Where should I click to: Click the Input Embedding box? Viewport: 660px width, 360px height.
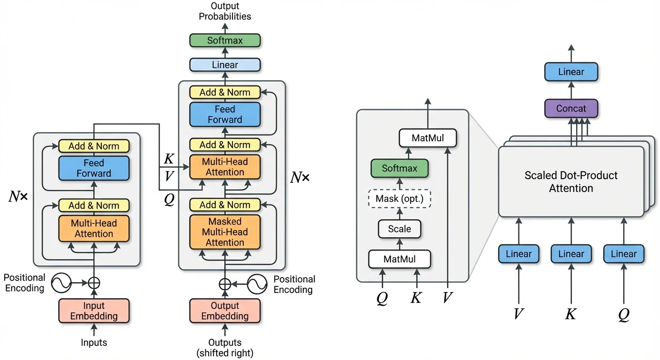[94, 311]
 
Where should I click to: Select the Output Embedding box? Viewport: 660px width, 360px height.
[225, 311]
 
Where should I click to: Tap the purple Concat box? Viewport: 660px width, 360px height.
[571, 108]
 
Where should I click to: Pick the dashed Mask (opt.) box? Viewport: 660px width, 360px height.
[399, 199]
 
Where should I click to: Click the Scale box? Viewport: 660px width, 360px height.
[399, 229]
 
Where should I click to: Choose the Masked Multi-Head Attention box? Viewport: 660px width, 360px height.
[225, 232]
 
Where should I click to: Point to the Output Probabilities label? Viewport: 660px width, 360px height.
[225, 11]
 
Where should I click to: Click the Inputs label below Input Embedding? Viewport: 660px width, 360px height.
[94, 343]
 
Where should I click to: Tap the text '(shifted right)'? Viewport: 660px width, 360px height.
[225, 353]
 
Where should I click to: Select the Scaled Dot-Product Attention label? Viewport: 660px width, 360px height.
[571, 182]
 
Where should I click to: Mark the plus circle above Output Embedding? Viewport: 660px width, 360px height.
[225, 284]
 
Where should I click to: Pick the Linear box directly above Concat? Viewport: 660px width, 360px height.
[571, 72]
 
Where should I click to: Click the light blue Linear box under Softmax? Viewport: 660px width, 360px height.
[225, 65]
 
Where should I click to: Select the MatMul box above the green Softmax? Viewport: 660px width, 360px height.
[427, 138]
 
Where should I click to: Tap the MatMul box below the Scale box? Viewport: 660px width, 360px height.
[399, 259]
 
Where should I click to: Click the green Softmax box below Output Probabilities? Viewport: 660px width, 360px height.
[225, 40]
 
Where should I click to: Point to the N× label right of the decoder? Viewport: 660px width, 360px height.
[300, 178]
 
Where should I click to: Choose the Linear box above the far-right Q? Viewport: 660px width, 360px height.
[623, 254]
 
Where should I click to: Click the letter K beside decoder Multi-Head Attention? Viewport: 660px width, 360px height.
[169, 159]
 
